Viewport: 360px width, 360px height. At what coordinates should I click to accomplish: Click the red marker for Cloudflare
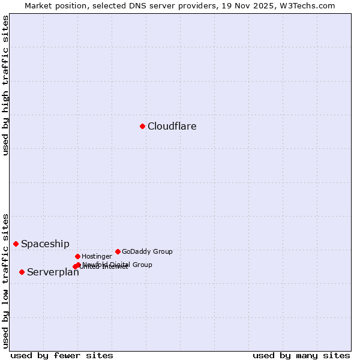tap(142, 126)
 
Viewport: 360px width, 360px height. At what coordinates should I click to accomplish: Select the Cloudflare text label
tap(172, 127)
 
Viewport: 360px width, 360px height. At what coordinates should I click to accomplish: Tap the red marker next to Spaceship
tap(16, 244)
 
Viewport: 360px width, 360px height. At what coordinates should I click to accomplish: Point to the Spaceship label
tap(45, 244)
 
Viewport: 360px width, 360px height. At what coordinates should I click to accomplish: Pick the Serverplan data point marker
tap(22, 272)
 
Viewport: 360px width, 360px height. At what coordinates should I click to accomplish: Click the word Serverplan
tap(53, 272)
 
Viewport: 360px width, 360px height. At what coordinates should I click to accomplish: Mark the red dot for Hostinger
tap(77, 256)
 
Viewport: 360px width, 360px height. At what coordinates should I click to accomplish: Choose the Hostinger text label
tap(97, 257)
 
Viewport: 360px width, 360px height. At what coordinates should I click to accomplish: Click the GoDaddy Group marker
tap(118, 251)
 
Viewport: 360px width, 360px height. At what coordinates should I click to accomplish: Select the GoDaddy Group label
tap(147, 252)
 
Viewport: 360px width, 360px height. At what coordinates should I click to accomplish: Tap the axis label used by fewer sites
tap(62, 355)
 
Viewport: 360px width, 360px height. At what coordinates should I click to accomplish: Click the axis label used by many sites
tap(301, 355)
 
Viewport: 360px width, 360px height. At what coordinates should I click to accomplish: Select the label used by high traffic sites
tap(5, 85)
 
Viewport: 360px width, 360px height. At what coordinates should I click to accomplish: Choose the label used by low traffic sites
tap(5, 280)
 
